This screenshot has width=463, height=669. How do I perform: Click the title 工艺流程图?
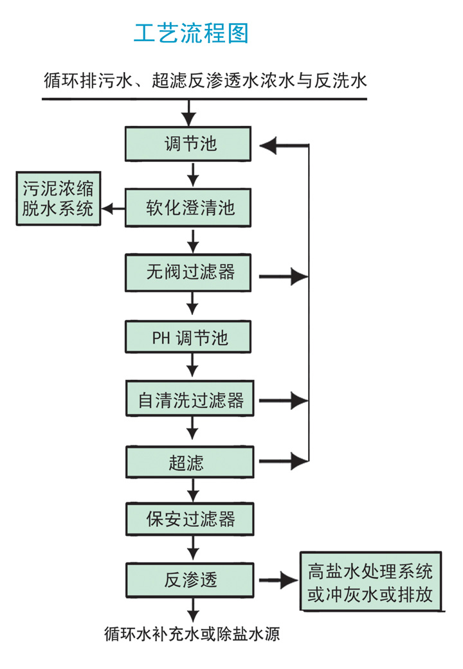[x=191, y=33]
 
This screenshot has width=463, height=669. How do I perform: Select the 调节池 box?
[x=190, y=144]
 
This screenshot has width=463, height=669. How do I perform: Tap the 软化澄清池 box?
[x=190, y=208]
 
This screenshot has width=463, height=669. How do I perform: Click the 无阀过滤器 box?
[x=190, y=272]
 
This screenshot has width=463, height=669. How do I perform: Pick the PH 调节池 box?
[x=190, y=337]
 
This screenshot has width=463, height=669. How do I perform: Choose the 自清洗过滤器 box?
[x=190, y=400]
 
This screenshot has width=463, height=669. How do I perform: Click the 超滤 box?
[x=190, y=463]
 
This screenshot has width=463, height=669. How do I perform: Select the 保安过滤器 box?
[x=190, y=519]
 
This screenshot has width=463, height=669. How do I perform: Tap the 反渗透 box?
[x=190, y=580]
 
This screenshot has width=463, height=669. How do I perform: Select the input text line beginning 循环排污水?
[x=205, y=81]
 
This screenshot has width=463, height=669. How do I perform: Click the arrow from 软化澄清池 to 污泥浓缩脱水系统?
[x=114, y=208]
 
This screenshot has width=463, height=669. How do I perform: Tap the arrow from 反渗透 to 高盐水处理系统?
[x=278, y=580]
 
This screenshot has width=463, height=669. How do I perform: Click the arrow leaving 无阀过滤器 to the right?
[x=283, y=277]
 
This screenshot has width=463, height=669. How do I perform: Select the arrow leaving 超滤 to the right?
[x=283, y=460]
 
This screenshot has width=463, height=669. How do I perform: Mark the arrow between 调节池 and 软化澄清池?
[x=191, y=174]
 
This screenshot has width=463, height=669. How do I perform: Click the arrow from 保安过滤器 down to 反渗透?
[x=191, y=549]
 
